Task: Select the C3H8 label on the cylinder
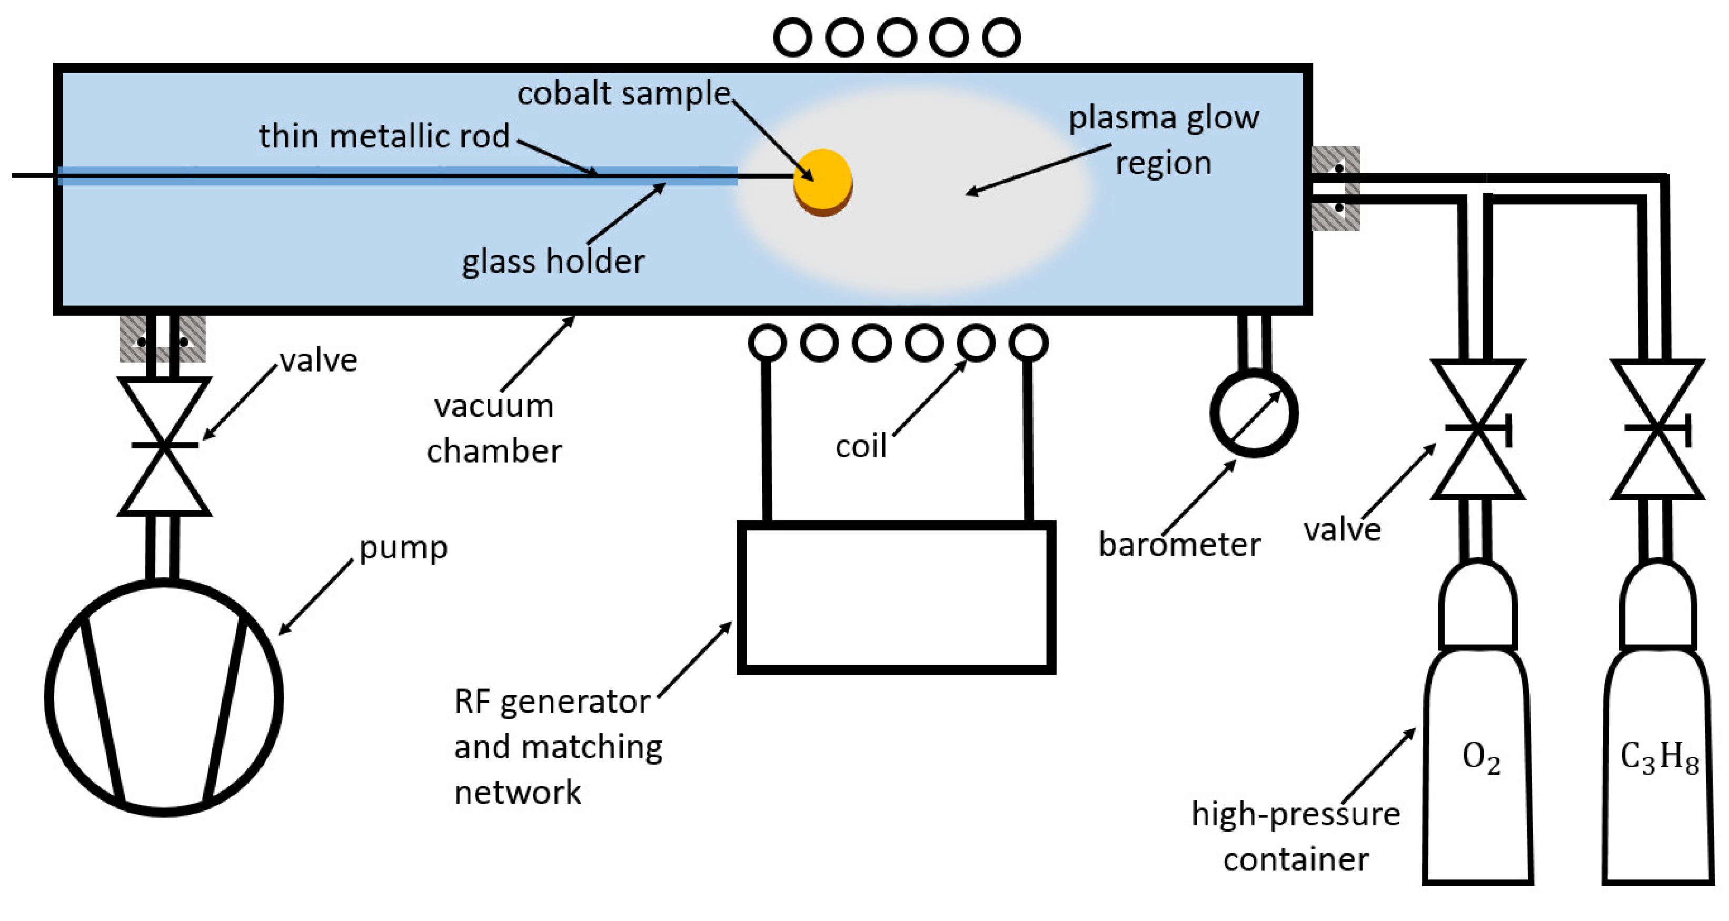1658,758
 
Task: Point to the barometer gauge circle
1253,413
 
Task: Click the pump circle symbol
164,698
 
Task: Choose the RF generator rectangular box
896,597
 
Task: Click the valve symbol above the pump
164,445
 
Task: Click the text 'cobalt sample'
623,93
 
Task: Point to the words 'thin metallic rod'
384,136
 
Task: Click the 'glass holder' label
552,261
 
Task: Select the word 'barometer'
1179,544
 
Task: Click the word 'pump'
403,547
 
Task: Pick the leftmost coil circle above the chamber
793,37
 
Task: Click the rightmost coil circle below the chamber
1028,343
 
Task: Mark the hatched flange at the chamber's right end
1336,188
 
